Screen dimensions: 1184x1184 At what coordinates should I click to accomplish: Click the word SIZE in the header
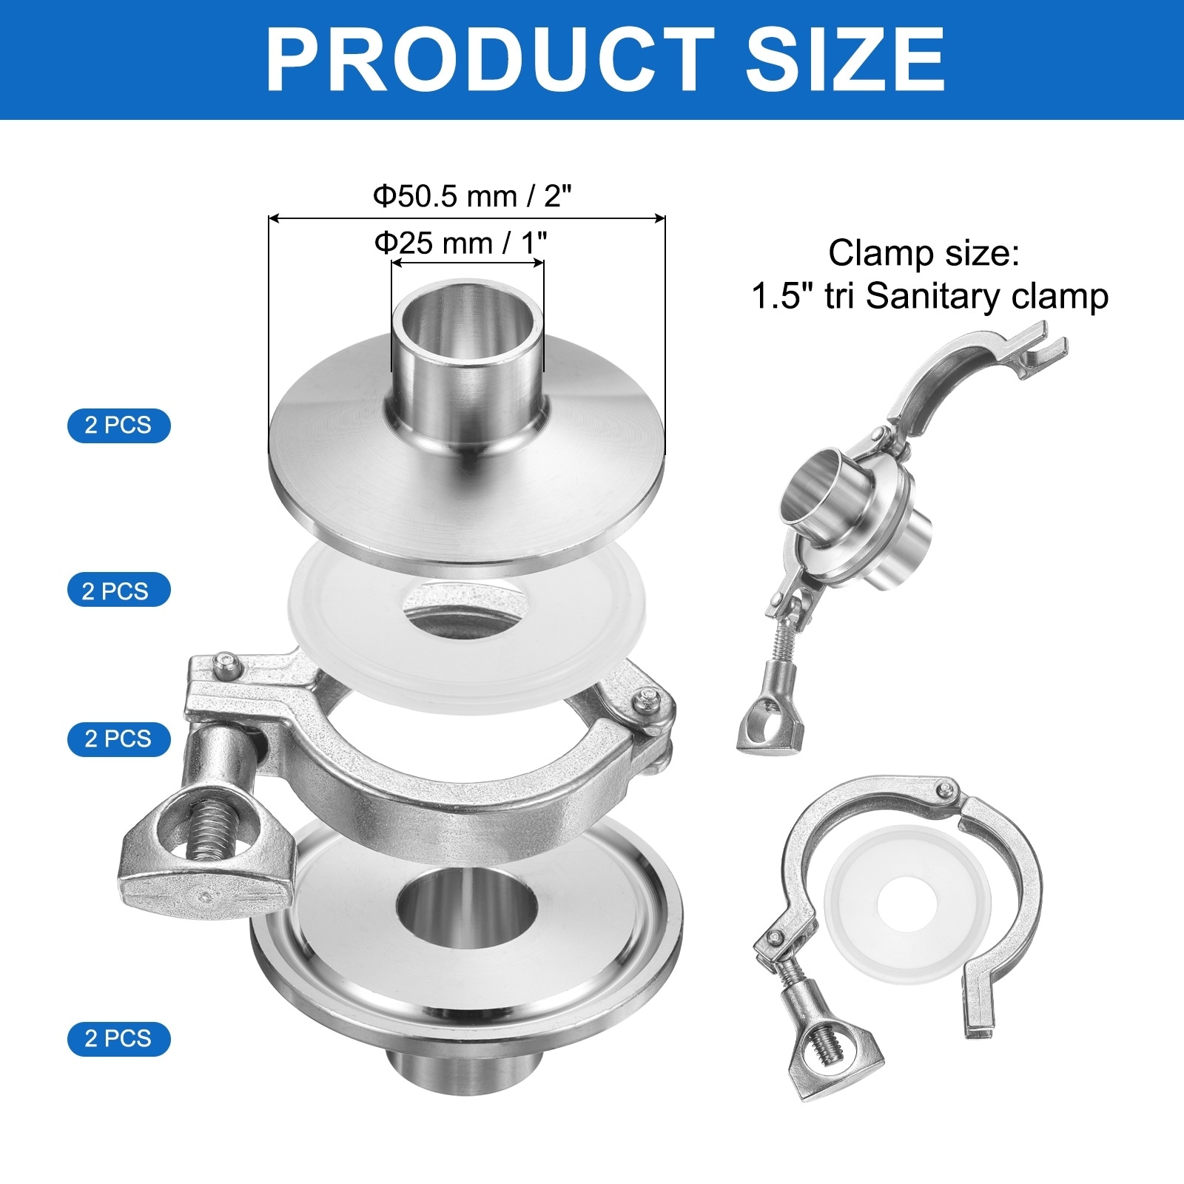[x=845, y=59]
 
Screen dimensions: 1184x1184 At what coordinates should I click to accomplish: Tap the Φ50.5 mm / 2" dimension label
[x=473, y=196]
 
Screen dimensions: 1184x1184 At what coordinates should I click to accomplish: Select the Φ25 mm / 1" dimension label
[x=461, y=242]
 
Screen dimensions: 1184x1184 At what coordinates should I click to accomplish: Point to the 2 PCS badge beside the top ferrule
[x=118, y=425]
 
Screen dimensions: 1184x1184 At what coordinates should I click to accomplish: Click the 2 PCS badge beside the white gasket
[x=118, y=591]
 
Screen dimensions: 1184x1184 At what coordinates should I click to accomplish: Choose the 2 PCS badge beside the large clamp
[x=118, y=739]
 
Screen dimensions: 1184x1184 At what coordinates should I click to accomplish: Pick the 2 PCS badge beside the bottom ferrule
[x=118, y=1039]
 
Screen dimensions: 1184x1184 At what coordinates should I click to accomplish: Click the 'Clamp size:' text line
[x=924, y=253]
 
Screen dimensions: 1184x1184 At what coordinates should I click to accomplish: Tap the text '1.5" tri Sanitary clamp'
[x=930, y=297]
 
